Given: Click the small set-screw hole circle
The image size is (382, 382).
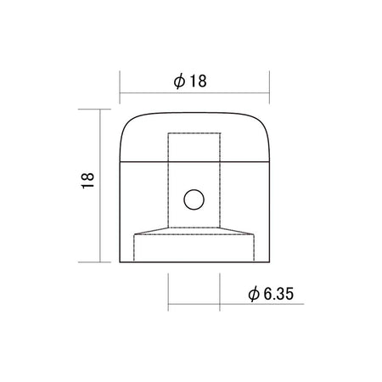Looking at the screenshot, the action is point(194,199).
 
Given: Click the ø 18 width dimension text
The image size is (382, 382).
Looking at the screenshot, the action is point(190,81).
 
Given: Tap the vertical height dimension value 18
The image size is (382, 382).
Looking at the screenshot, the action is point(87,180).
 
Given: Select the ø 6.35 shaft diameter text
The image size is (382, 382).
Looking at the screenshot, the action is point(271,294).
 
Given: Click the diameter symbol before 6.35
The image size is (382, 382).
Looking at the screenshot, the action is point(254,294).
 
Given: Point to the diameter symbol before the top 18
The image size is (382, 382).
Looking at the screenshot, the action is point(179,81).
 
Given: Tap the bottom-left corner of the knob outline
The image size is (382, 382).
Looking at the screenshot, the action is point(120,262).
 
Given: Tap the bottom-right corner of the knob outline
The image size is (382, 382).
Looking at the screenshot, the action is point(270,262).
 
